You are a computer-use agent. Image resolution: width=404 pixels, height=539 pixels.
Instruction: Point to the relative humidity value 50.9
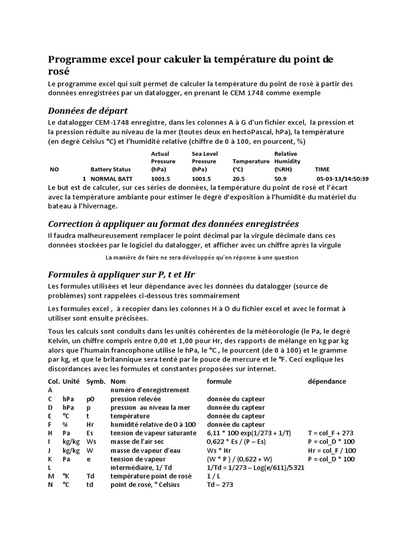[x=281, y=178]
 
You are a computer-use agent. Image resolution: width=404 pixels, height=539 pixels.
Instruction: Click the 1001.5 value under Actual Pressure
[x=161, y=178]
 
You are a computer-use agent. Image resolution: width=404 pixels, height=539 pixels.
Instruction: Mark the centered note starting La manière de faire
[x=202, y=257]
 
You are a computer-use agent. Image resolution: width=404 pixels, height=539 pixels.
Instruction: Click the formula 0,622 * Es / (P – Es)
[x=239, y=442]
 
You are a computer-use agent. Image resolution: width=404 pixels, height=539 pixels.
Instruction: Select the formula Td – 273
[x=220, y=485]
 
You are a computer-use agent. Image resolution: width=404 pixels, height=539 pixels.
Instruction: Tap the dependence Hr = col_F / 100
[x=332, y=450]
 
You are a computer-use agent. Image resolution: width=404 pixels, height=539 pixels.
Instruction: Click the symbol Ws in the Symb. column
[x=92, y=442]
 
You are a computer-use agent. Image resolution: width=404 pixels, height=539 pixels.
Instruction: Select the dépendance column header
[x=327, y=381]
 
